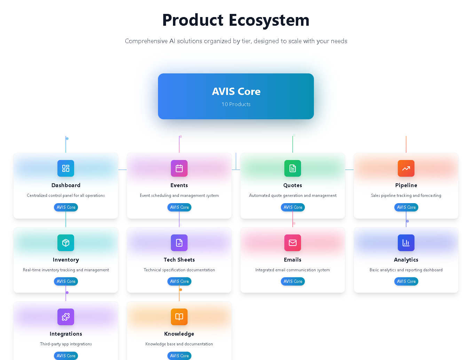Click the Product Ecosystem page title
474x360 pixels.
click(236, 20)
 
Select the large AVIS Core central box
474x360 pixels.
click(236, 96)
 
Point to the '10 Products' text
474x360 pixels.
click(236, 104)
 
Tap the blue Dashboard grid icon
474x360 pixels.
click(66, 168)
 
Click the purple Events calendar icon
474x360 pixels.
click(179, 168)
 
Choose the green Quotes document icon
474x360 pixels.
click(293, 168)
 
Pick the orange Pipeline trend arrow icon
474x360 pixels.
click(406, 168)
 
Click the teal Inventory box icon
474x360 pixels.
click(66, 243)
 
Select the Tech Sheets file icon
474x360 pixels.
click(179, 243)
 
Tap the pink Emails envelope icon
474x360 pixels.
click(293, 243)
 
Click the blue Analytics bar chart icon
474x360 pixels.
click(406, 243)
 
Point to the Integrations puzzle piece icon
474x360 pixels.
click(66, 317)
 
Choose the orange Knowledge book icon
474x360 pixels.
click(179, 317)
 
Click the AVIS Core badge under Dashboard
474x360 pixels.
click(66, 207)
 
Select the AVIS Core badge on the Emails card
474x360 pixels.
click(293, 281)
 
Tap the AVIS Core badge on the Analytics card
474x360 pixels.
click(406, 281)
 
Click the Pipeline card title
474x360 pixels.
click(406, 185)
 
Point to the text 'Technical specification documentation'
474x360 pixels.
click(179, 270)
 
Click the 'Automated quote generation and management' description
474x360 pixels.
click(293, 195)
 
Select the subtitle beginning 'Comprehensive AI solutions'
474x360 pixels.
click(236, 41)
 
